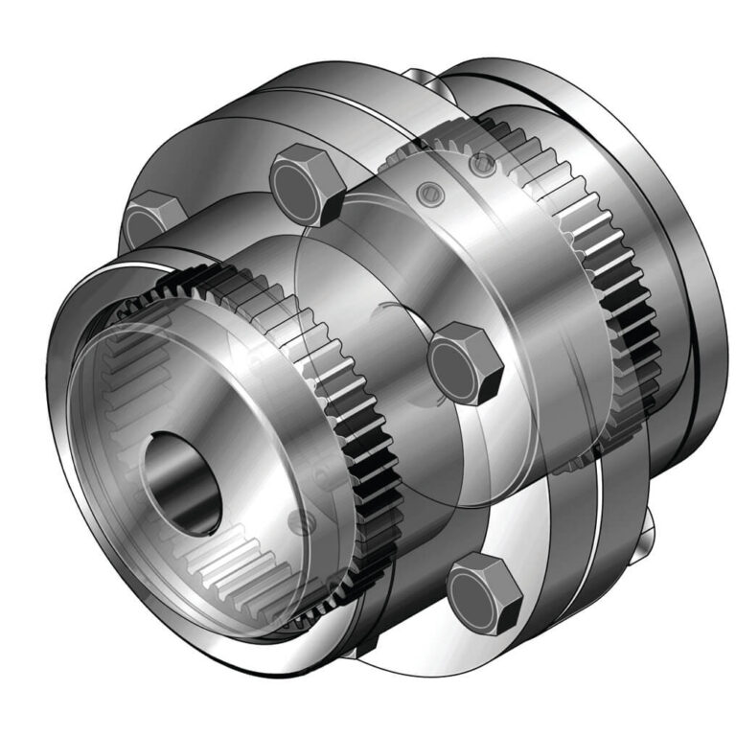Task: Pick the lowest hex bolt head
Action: pos(484,587)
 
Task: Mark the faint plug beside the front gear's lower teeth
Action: pos(305,522)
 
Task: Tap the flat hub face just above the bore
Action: pos(220,383)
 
